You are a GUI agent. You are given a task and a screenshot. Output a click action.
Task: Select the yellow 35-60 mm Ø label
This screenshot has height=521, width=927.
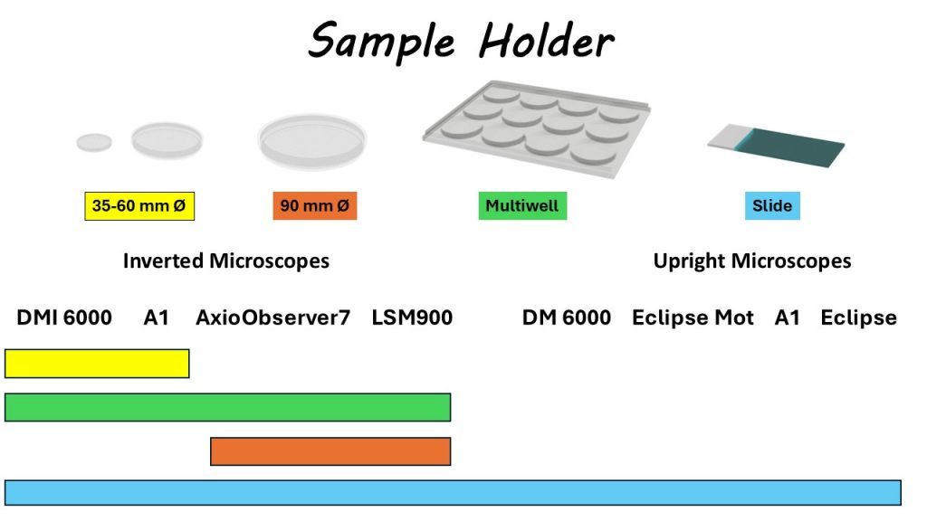click(139, 206)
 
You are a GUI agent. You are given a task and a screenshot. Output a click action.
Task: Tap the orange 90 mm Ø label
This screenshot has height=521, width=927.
click(314, 205)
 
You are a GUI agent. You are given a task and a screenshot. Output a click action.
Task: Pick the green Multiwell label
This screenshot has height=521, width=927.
click(522, 205)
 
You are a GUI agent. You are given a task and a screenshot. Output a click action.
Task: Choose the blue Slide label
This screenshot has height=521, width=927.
click(772, 205)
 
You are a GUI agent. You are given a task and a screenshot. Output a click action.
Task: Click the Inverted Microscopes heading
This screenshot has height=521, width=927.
click(225, 260)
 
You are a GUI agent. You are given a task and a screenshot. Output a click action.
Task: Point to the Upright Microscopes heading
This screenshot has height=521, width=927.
click(752, 260)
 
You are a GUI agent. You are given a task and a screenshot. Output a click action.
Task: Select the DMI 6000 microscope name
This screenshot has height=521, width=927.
click(64, 317)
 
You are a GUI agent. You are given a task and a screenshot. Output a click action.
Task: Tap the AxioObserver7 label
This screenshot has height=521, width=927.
click(272, 317)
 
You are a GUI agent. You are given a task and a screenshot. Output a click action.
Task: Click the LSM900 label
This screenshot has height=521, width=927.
click(412, 317)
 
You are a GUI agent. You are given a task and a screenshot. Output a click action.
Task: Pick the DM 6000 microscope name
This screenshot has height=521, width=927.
click(567, 317)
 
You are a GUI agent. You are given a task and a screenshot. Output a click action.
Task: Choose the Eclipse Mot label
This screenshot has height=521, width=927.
click(693, 317)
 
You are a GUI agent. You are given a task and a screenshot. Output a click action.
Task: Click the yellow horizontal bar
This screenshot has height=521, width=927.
click(97, 364)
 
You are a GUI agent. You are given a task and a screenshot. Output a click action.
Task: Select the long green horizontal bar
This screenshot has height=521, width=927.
click(227, 407)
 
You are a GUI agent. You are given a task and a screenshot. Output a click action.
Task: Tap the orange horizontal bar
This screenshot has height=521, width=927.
click(330, 451)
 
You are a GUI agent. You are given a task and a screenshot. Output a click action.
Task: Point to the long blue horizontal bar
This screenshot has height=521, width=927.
click(453, 493)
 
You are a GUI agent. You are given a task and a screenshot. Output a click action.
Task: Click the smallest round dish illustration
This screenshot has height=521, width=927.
click(94, 142)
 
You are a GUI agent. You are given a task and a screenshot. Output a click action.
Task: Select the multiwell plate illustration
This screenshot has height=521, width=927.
click(537, 128)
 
